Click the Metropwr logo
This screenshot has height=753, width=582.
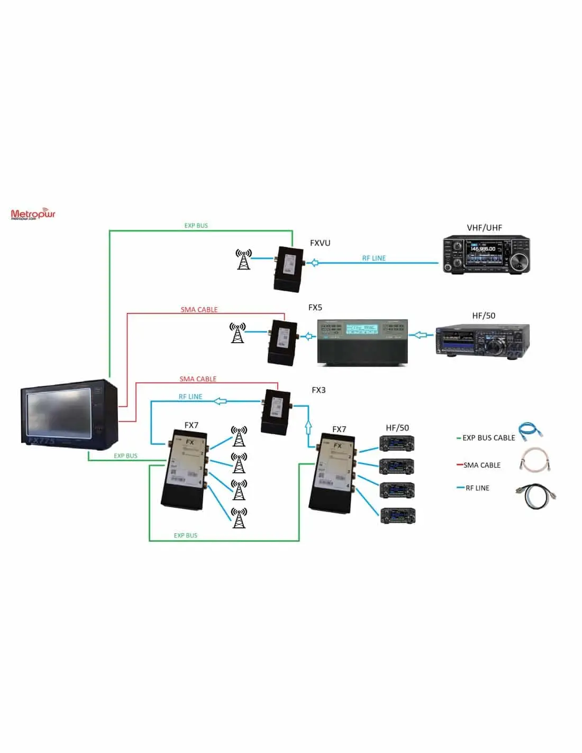tap(33, 214)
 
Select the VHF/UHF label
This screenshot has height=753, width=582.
tap(484, 228)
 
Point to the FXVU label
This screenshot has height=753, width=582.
tap(320, 243)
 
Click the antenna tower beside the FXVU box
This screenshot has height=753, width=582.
tap(243, 259)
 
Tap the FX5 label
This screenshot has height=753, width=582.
tap(315, 307)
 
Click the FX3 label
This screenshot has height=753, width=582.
tap(319, 390)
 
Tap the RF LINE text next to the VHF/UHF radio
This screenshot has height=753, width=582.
tap(374, 258)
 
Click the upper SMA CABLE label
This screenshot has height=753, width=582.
tap(199, 309)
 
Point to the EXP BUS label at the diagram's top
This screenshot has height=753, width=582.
tap(196, 226)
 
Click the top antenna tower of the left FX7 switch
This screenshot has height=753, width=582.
tap(239, 436)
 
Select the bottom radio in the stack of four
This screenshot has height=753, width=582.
tap(397, 515)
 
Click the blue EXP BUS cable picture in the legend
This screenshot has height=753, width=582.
tap(530, 432)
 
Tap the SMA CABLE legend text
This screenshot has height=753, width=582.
tap(481, 465)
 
